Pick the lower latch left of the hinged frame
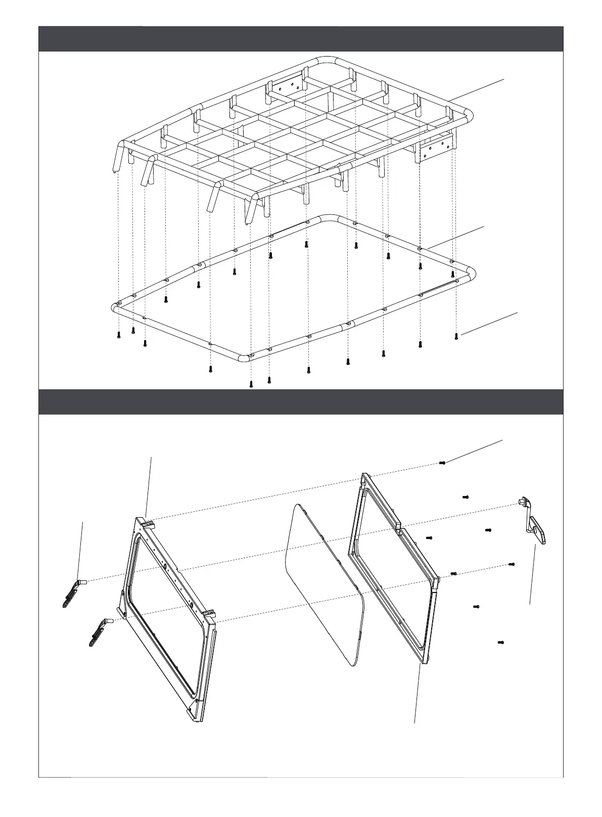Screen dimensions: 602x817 click(98, 632)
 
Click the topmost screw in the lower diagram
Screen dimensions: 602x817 click(442, 463)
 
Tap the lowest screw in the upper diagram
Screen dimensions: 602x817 click(251, 385)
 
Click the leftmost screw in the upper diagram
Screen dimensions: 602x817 click(118, 334)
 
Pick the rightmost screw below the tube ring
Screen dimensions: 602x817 click(456, 335)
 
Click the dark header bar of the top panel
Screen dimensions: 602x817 click(301, 39)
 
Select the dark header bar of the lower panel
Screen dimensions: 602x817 click(301, 402)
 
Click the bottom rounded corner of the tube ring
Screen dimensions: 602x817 click(244, 358)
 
